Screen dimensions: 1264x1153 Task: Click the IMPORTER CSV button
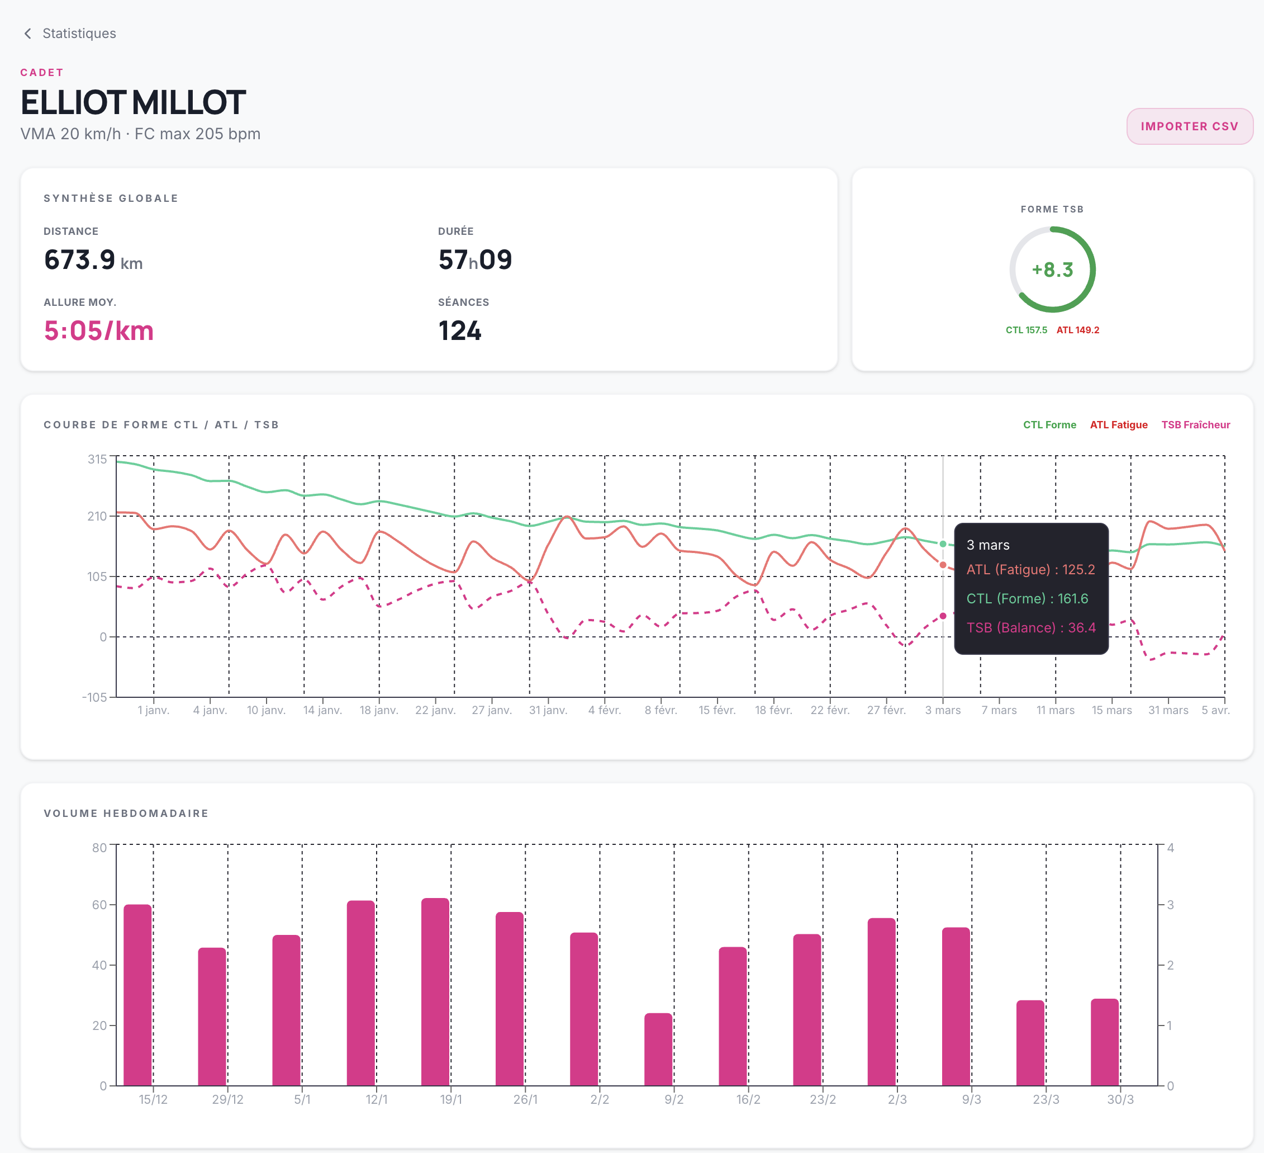(x=1189, y=126)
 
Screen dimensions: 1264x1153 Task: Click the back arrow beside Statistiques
(x=27, y=33)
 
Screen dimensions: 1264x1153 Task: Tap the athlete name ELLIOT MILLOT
(x=133, y=102)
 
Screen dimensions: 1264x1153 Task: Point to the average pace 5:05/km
(x=98, y=330)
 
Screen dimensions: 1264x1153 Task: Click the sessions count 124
(x=459, y=330)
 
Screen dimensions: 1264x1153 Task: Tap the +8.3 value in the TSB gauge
(x=1053, y=270)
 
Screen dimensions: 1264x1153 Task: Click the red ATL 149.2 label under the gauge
(x=1078, y=330)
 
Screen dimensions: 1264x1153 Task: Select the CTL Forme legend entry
(x=1049, y=425)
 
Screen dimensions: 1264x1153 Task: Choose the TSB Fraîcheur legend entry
(x=1196, y=425)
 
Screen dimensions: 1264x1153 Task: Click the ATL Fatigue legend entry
(x=1119, y=425)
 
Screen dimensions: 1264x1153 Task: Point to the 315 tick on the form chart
(x=97, y=459)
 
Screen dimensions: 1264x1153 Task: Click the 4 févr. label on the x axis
(x=605, y=710)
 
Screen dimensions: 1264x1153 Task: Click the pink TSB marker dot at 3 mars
(x=943, y=616)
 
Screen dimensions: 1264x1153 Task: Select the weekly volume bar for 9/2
(x=658, y=1050)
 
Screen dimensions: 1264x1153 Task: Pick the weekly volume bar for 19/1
(x=435, y=992)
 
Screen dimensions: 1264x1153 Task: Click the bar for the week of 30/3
(x=1105, y=1042)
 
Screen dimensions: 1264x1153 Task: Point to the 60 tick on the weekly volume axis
(x=99, y=905)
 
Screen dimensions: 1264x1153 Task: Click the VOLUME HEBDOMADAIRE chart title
(x=126, y=814)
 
